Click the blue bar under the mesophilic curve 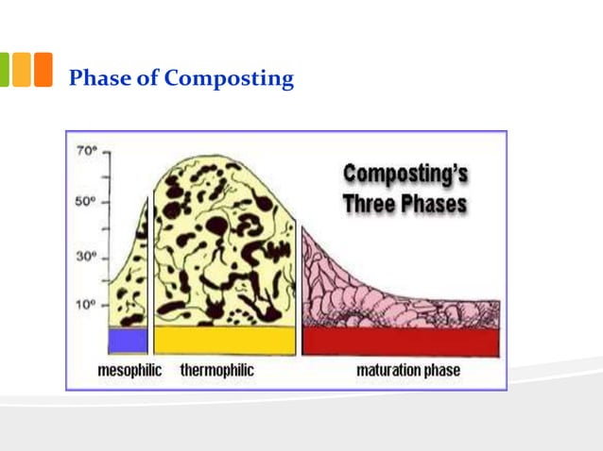pyautogui.click(x=128, y=340)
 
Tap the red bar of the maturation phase pyautogui.click(x=400, y=341)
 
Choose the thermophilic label pyautogui.click(x=216, y=371)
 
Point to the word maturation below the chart pyautogui.click(x=389, y=371)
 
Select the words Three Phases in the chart pyautogui.click(x=405, y=203)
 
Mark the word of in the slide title pyautogui.click(x=147, y=78)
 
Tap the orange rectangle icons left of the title pyautogui.click(x=33, y=70)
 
